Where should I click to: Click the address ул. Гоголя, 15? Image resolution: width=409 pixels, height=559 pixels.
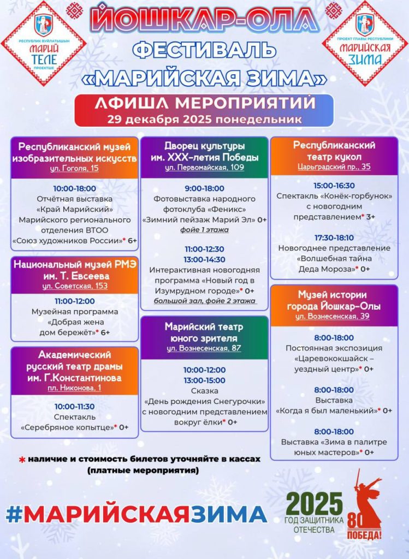coord(74,168)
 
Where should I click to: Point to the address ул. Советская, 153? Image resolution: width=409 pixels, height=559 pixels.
coord(74,286)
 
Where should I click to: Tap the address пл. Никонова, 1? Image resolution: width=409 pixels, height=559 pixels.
coord(74,388)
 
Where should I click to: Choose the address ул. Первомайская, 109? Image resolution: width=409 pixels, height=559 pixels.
coord(204,167)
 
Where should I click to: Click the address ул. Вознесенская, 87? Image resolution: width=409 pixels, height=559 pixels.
coord(204,347)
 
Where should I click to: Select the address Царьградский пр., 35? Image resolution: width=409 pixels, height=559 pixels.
coord(334,166)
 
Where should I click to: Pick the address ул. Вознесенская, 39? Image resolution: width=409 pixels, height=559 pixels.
coord(333,316)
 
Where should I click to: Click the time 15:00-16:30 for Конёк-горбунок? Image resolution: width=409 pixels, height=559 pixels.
coord(334,186)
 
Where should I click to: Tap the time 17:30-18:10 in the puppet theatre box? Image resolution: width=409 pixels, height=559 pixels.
coord(334,238)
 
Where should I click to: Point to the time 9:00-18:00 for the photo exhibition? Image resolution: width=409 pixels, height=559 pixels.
coord(204,188)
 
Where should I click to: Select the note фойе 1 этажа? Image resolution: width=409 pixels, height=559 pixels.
coord(204,230)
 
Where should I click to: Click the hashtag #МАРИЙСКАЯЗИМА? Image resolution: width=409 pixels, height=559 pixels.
coord(136,513)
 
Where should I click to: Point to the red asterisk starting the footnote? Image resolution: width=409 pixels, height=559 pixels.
coord(22,460)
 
